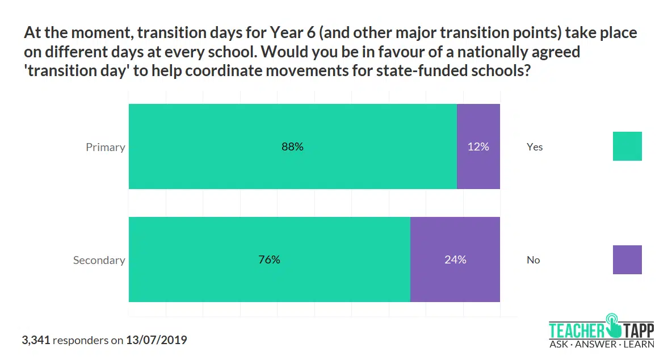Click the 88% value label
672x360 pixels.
(292, 146)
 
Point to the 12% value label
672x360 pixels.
(478, 146)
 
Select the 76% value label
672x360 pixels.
(269, 259)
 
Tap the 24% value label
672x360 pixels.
(455, 259)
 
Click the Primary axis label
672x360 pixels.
(105, 147)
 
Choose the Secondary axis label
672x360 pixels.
(99, 260)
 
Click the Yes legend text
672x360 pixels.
(535, 146)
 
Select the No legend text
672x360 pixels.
(534, 259)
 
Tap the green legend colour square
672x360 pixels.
(627, 146)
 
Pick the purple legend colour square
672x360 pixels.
(627, 259)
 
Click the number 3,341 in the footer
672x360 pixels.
(36, 340)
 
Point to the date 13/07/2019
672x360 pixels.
(156, 340)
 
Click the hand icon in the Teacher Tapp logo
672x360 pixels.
(614, 325)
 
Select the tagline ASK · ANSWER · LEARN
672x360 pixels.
(602, 344)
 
